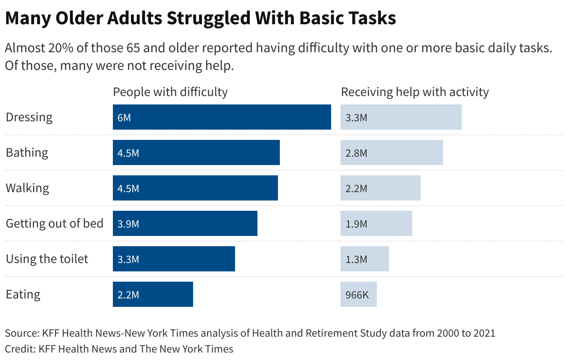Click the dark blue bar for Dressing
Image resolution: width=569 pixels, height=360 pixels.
tap(222, 117)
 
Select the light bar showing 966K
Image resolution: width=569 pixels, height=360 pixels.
tap(358, 294)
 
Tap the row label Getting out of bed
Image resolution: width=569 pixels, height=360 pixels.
tap(55, 223)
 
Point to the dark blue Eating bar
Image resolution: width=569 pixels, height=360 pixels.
tap(153, 294)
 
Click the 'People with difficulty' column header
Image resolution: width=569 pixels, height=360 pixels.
tap(170, 92)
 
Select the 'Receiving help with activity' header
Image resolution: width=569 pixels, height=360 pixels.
tap(415, 92)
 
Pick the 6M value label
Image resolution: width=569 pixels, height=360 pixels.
tap(124, 118)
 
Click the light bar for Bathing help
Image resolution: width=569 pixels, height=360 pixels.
tap(391, 152)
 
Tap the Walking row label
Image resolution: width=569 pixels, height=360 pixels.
tap(27, 188)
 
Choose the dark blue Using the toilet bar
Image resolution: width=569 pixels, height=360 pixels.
tap(173, 259)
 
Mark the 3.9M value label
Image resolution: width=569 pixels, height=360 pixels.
tap(128, 224)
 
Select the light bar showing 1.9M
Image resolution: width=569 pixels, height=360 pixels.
tap(376, 223)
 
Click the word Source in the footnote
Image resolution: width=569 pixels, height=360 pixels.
tap(21, 333)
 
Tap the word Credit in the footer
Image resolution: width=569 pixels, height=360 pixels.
tap(19, 348)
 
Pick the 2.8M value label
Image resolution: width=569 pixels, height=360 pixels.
tap(356, 153)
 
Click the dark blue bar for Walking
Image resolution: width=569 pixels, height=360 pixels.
tap(195, 188)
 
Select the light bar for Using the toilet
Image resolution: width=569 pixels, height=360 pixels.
tap(364, 259)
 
